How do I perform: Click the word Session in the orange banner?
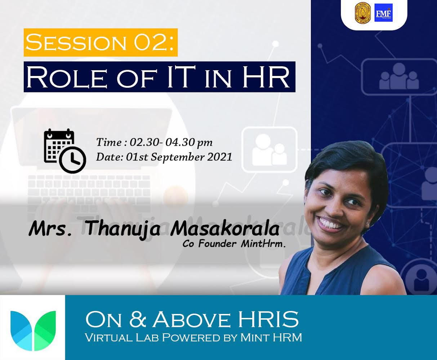76,42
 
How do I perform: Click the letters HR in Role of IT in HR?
266,77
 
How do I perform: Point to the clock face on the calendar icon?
72,160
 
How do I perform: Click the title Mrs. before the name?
50,229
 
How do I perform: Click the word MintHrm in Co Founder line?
263,244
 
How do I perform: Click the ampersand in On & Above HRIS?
138,319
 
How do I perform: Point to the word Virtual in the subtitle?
109,337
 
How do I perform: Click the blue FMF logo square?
383,13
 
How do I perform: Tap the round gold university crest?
363,13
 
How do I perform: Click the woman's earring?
368,224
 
